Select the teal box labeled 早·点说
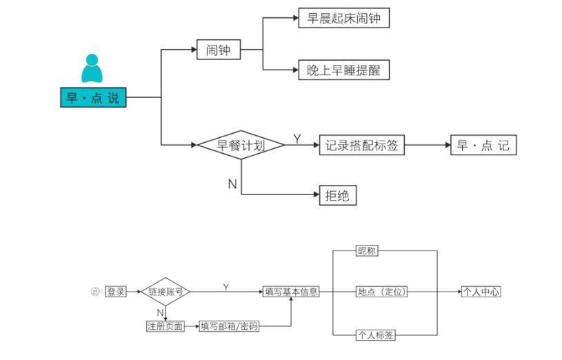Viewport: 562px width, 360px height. [x=92, y=97]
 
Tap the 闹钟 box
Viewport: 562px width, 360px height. [x=218, y=50]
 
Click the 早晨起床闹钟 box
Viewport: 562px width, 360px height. [x=343, y=18]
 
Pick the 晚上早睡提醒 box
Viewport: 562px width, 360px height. [x=343, y=70]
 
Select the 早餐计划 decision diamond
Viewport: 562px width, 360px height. [x=241, y=146]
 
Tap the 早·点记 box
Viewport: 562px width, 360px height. [x=483, y=146]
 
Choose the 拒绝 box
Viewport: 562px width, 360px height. [x=337, y=196]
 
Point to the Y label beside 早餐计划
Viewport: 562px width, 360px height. [x=297, y=139]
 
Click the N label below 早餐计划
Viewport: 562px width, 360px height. [x=232, y=183]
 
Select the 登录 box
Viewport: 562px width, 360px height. [x=116, y=292]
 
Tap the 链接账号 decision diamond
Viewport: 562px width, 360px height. [x=165, y=292]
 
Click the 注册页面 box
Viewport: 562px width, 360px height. [x=165, y=326]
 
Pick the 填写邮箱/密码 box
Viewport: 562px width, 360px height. [x=229, y=326]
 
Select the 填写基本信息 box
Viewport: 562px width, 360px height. [x=292, y=292]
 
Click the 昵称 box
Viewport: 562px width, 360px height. [x=367, y=251]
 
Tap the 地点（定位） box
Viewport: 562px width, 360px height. [x=382, y=292]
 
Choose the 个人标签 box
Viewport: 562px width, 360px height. [x=376, y=335]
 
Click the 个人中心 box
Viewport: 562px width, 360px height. [x=481, y=292]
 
